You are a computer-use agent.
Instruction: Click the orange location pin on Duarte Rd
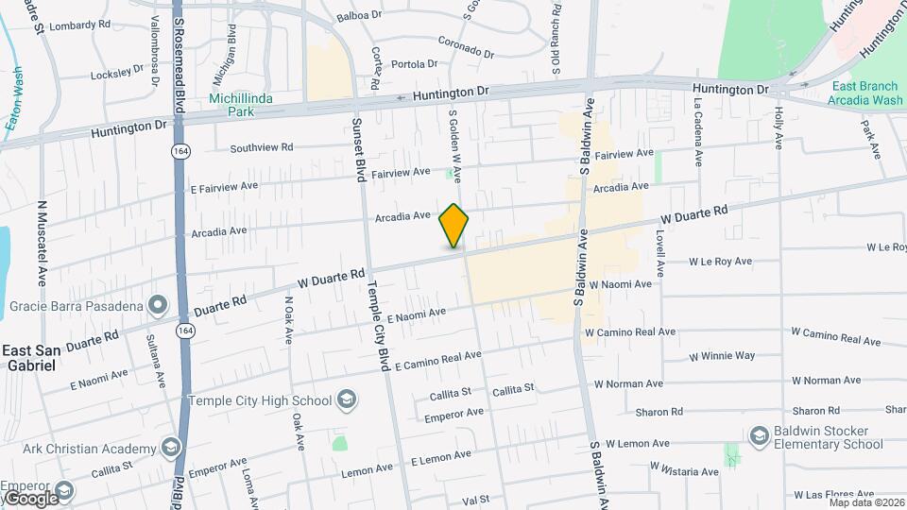point(454,226)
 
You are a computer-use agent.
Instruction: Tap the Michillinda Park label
point(232,104)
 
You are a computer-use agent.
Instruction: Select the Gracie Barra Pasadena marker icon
point(157,306)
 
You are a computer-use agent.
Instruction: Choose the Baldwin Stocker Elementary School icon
point(759,435)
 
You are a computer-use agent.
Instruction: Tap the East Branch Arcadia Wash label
point(866,93)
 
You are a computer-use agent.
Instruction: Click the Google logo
point(30,498)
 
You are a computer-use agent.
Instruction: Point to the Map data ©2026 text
point(866,501)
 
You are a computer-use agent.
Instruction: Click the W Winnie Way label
point(722,356)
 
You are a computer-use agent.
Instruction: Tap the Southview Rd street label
point(262,147)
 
